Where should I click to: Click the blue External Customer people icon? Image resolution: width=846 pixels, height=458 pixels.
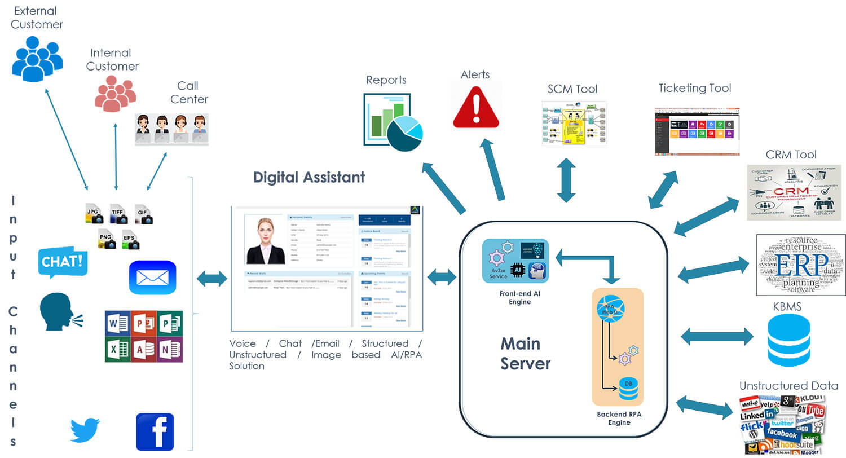click(x=37, y=59)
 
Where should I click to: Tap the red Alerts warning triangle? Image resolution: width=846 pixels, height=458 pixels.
click(x=476, y=106)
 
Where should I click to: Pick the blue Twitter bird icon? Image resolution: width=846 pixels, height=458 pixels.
click(x=85, y=430)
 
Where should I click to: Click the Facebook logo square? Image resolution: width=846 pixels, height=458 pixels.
click(x=155, y=431)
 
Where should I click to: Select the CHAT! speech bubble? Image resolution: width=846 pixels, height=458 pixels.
click(x=63, y=262)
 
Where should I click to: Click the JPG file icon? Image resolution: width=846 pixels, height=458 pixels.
click(x=93, y=214)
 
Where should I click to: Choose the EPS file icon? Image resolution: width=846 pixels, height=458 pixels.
click(x=130, y=239)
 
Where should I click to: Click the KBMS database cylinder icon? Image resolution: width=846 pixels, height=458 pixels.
click(x=788, y=340)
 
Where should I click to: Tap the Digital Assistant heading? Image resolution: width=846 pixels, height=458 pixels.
click(x=309, y=177)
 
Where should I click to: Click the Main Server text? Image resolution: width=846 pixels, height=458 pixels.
click(x=525, y=354)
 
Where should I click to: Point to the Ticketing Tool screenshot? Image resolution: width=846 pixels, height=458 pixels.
click(x=697, y=131)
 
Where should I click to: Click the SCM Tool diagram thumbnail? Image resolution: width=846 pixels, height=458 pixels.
click(x=574, y=124)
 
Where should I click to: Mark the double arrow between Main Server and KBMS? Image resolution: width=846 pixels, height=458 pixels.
click(x=717, y=337)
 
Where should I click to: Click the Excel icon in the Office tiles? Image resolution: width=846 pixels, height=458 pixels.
click(x=117, y=349)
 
